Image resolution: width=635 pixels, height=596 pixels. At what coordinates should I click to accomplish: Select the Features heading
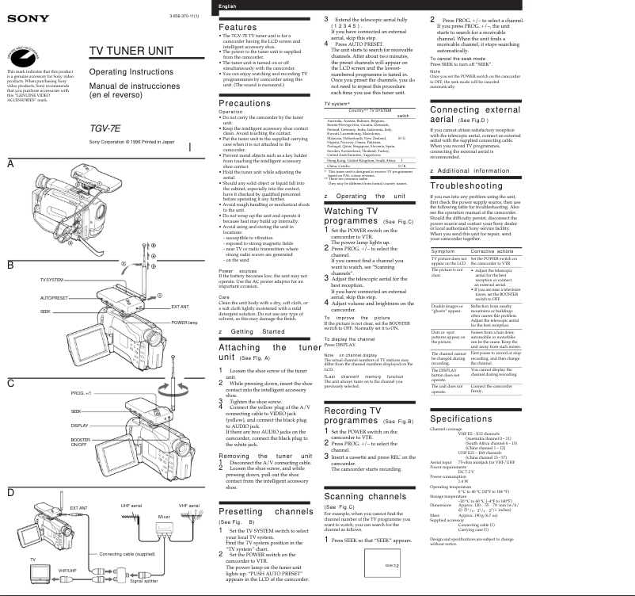coord(237,27)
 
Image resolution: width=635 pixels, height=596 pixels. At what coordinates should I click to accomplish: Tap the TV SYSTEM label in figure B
coord(52,281)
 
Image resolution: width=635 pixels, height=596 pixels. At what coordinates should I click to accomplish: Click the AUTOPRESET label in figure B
coord(53,297)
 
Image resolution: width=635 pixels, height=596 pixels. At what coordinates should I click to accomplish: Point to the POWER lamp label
coord(183,323)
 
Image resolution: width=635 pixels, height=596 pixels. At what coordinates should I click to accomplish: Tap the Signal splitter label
coord(143,582)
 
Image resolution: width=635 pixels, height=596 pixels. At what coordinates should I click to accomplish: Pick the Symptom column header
coord(443,273)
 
